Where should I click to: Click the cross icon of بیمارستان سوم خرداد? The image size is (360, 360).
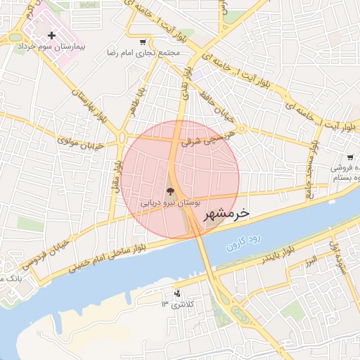52,34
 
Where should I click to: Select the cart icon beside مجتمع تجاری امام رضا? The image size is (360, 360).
143,41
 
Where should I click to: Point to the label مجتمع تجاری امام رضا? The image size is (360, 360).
143,53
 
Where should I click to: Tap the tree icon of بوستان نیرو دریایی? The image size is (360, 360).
169,191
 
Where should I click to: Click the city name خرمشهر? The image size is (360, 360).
226,212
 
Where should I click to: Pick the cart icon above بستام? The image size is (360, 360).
349,157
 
